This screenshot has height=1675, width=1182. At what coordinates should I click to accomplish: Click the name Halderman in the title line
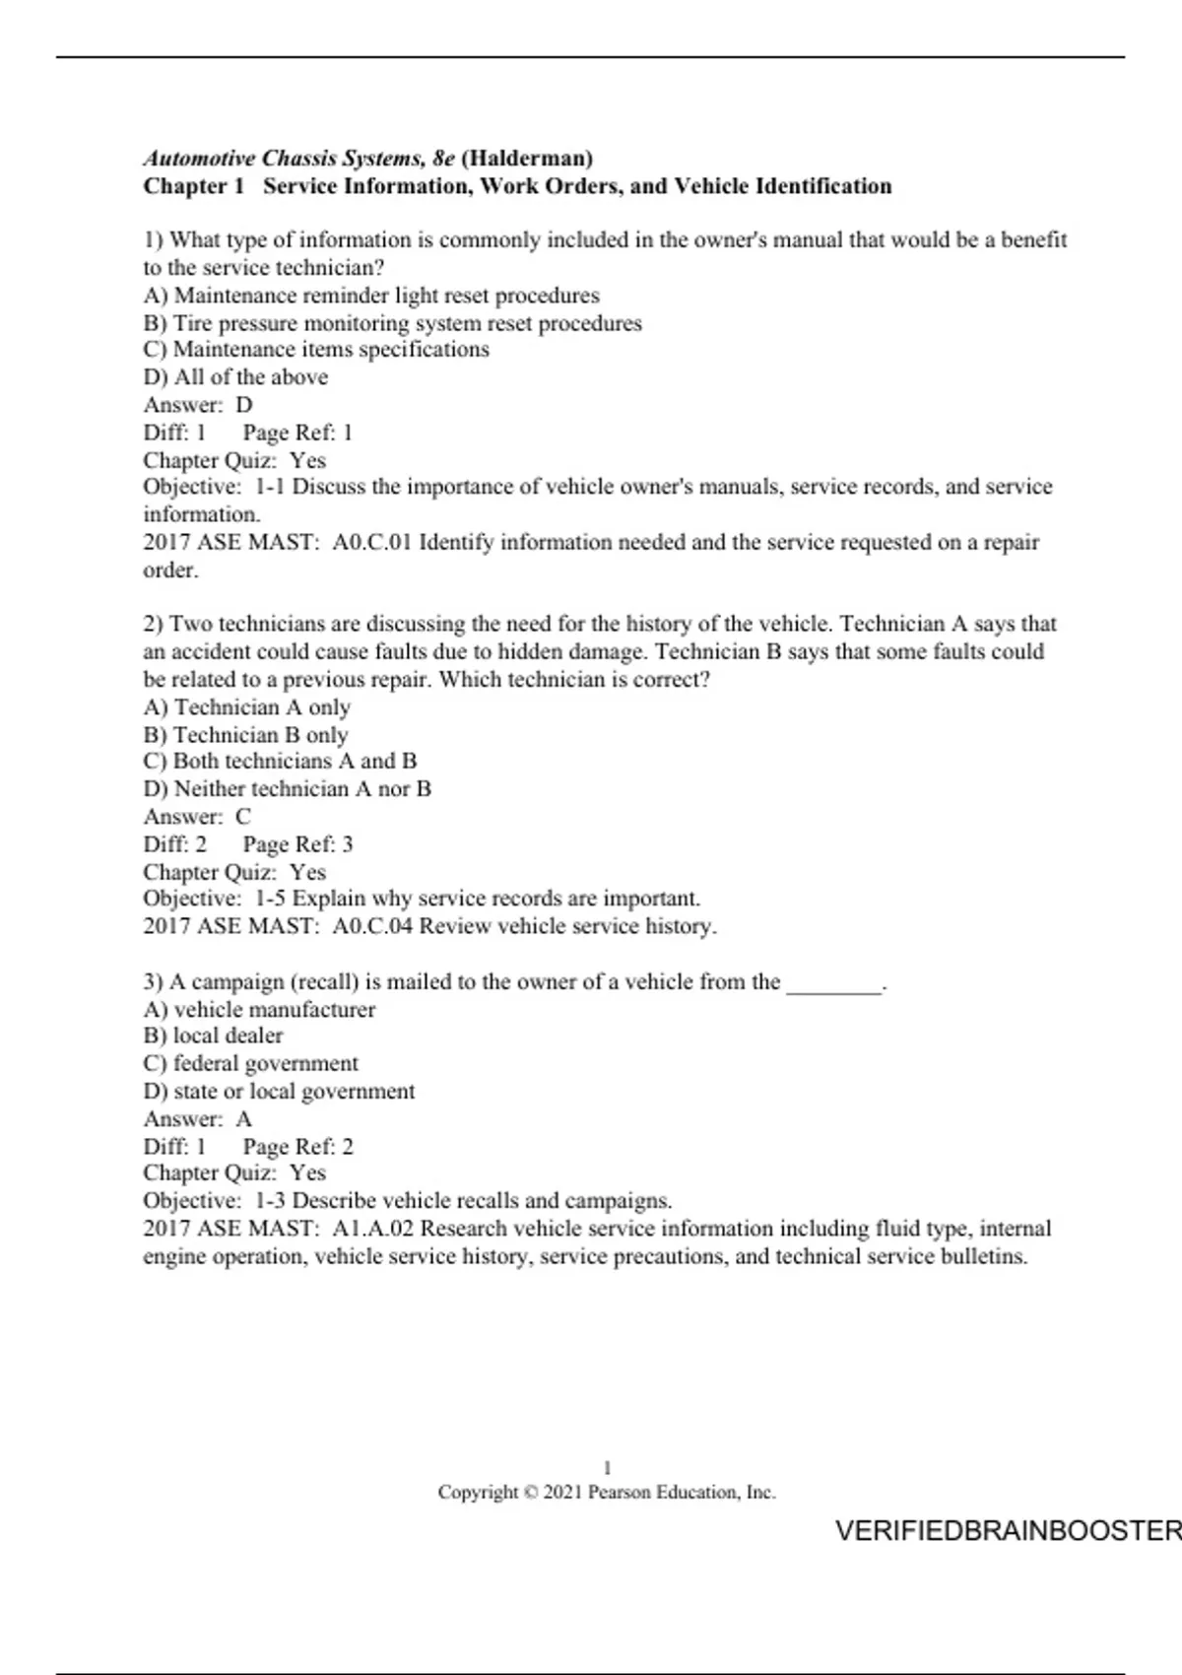tap(527, 158)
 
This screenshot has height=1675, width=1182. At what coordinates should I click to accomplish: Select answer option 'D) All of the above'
tap(235, 377)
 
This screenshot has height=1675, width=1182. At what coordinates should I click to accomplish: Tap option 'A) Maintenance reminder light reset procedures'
tap(371, 296)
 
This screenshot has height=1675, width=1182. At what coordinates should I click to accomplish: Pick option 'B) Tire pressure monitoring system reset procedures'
tap(392, 323)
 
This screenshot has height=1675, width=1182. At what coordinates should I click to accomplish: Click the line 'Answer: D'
tap(198, 405)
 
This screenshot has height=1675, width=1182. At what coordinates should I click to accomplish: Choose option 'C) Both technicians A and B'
tap(280, 761)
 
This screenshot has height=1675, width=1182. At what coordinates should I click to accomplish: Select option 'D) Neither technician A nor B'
tap(287, 788)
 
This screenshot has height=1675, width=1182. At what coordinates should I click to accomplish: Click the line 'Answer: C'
tap(197, 817)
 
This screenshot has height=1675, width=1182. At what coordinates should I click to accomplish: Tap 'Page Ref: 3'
tap(297, 844)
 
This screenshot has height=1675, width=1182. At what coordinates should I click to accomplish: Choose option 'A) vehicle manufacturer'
tap(259, 1009)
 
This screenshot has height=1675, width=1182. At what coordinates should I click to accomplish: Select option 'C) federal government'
tap(250, 1063)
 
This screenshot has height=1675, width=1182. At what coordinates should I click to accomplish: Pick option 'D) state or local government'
tap(279, 1091)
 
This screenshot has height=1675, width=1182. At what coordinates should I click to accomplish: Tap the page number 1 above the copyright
tap(607, 1468)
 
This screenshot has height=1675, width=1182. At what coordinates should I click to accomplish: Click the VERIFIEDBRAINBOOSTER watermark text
tap(1007, 1530)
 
